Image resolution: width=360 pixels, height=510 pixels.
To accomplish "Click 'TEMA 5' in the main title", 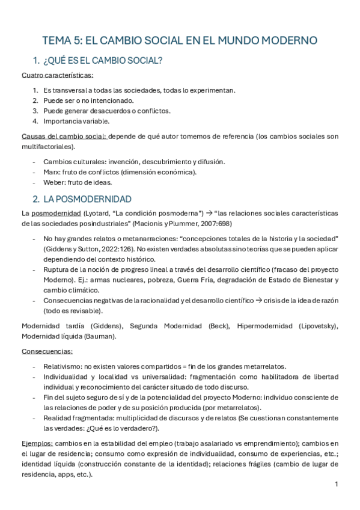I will [x=60, y=41].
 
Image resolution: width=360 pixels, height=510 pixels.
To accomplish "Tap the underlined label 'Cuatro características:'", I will [x=58, y=75].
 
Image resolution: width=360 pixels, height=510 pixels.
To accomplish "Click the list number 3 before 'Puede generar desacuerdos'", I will [x=35, y=111].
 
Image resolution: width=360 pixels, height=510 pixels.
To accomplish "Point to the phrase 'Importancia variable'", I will [x=76, y=121].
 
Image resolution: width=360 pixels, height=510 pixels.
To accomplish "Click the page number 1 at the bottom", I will [x=337, y=484].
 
